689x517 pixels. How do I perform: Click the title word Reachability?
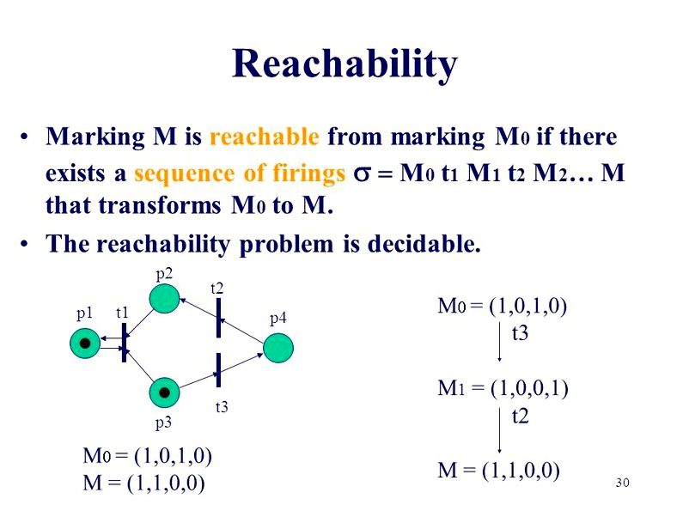[345, 65]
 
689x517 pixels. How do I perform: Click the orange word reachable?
[264, 137]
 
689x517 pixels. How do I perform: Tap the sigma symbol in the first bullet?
[363, 174]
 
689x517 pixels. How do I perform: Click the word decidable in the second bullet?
[424, 243]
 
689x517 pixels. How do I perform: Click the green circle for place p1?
[85, 343]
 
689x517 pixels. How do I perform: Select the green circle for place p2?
[164, 299]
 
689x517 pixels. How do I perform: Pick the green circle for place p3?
[164, 392]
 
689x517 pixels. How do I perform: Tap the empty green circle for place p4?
[278, 348]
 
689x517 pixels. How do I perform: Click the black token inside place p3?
[164, 392]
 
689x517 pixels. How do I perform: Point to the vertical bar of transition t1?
[124, 343]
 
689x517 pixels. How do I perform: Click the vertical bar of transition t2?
[218, 318]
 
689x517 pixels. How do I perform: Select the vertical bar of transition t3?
[218, 370]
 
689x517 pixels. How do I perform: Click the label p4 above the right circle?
[278, 319]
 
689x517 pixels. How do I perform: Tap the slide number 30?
[623, 483]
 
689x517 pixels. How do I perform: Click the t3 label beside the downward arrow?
[520, 333]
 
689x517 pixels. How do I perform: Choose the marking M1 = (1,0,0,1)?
[503, 388]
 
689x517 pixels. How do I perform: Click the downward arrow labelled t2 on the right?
[500, 430]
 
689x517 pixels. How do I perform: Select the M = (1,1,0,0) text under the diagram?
[143, 484]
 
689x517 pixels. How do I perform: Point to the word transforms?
[160, 205]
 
